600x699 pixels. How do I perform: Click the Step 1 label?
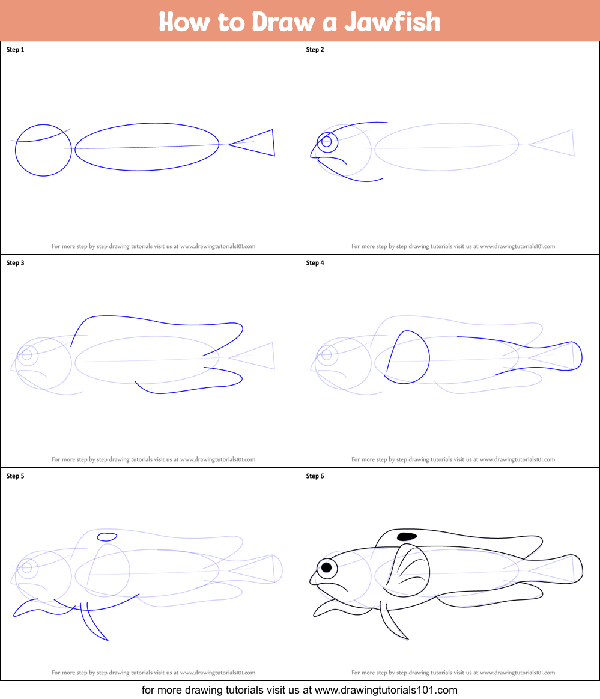(15, 50)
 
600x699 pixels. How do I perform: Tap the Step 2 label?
(315, 50)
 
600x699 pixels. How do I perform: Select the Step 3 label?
(15, 263)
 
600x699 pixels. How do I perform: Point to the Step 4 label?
(315, 263)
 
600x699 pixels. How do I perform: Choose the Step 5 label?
(15, 476)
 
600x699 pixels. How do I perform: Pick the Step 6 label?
(315, 476)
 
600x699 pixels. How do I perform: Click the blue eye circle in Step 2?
(327, 142)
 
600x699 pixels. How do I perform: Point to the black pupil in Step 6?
(326, 567)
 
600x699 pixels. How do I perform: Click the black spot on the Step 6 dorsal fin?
(407, 536)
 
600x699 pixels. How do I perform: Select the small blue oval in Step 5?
(107, 536)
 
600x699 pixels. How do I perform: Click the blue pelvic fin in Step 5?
(96, 625)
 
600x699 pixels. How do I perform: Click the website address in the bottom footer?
(386, 690)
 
